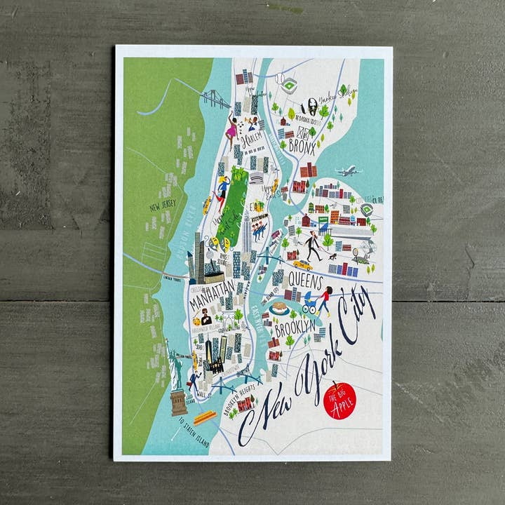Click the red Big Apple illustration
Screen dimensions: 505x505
340,400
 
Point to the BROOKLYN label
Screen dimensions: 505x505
294,329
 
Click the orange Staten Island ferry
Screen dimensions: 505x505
204,417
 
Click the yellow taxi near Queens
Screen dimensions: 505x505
302,265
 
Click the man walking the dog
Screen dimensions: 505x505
311,245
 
